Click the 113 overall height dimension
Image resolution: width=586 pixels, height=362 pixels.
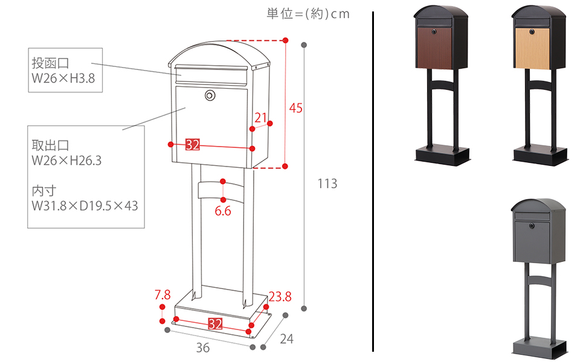pyautogui.click(x=327, y=183)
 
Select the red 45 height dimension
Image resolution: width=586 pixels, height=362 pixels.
pyautogui.click(x=296, y=108)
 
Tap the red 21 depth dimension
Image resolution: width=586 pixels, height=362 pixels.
pyautogui.click(x=260, y=117)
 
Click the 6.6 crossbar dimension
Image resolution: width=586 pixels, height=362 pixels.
pyautogui.click(x=223, y=211)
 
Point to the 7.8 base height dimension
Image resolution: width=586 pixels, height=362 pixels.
pyautogui.click(x=163, y=295)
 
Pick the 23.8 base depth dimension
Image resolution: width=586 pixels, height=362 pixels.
pyautogui.click(x=280, y=296)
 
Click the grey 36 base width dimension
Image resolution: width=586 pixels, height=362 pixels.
pyautogui.click(x=203, y=348)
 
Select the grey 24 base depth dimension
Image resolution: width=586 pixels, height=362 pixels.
pyautogui.click(x=286, y=339)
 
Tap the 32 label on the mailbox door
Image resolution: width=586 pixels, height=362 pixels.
pyautogui.click(x=192, y=145)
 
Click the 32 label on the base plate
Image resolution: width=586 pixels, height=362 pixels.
pyautogui.click(x=215, y=323)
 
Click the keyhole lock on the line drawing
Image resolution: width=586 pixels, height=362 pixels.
pyautogui.click(x=210, y=95)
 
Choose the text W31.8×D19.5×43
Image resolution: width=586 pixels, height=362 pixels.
pyautogui.click(x=85, y=206)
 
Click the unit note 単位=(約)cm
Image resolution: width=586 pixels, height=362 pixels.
pyautogui.click(x=308, y=14)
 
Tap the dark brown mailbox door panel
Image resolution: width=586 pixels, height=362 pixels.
pyautogui.click(x=434, y=48)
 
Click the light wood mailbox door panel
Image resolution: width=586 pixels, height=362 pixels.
pyautogui.click(x=533, y=48)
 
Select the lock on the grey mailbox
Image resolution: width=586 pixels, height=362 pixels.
pyautogui.click(x=532, y=226)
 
